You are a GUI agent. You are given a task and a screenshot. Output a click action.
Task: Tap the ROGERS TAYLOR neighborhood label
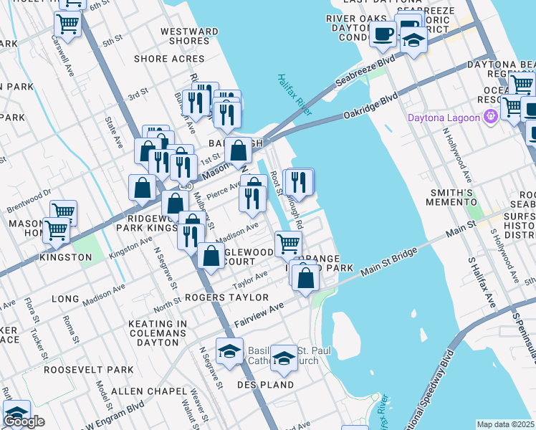coord(226,297)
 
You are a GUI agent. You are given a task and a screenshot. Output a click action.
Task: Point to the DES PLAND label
coord(266,385)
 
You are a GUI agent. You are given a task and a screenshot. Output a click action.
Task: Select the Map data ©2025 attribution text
coord(506,424)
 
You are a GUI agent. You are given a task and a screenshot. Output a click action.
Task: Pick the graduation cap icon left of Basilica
coord(229,351)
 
